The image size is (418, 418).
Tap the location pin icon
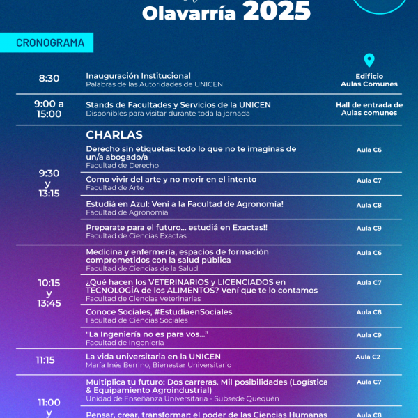click(369, 61)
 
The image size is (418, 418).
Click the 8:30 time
click(49, 79)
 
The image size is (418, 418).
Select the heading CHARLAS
click(114, 134)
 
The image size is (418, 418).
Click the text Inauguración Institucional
click(138, 75)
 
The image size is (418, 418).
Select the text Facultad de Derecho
click(123, 166)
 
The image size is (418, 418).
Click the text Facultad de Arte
click(115, 188)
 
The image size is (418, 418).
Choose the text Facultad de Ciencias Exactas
click(137, 236)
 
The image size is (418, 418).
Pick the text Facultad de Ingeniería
click(125, 343)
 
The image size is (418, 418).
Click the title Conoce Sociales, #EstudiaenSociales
click(159, 311)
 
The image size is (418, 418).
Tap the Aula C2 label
click(368, 357)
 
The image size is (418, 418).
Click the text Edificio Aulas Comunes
click(369, 80)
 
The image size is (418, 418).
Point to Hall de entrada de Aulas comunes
click(369, 109)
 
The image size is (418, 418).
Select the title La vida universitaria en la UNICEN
click(153, 356)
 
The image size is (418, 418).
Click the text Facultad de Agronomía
click(127, 212)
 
